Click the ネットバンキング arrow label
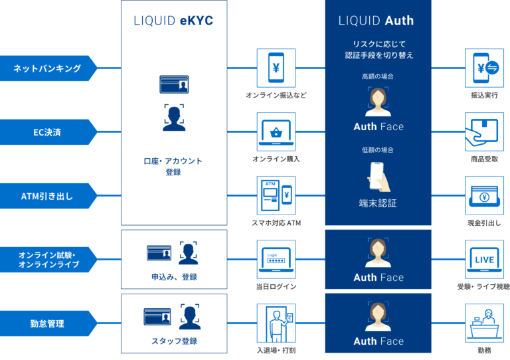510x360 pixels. pyautogui.click(x=47, y=68)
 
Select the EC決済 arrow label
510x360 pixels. pyautogui.click(x=47, y=132)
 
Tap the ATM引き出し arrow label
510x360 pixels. pyautogui.click(x=47, y=195)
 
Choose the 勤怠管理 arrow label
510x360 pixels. pyautogui.click(x=47, y=323)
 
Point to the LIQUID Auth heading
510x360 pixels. pyautogui.click(x=376, y=21)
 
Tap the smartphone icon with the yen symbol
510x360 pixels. pyautogui.click(x=276, y=68)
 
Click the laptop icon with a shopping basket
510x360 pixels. pyautogui.click(x=276, y=132)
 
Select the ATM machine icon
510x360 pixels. pyautogui.click(x=276, y=195)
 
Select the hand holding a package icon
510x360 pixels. pyautogui.click(x=484, y=132)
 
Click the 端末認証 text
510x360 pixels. pyautogui.click(x=378, y=203)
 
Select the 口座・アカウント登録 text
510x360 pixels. pyautogui.click(x=173, y=166)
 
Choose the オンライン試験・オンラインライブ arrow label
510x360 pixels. pyautogui.click(x=47, y=260)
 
